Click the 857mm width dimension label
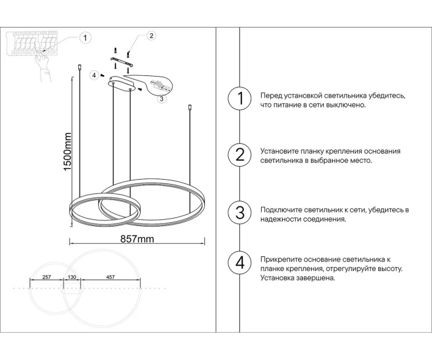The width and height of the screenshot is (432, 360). (136, 238)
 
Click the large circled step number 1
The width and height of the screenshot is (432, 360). (240, 99)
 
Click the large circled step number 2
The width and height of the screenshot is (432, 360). (240, 154)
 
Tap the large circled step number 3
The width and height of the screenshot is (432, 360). (240, 212)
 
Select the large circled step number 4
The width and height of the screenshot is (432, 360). (240, 263)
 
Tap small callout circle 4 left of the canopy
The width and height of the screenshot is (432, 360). (94, 75)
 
